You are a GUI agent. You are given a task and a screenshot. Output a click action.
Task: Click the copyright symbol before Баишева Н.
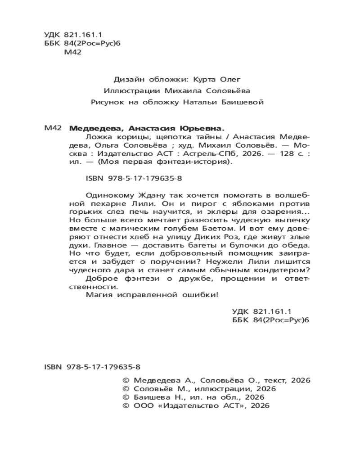click(x=126, y=397)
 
